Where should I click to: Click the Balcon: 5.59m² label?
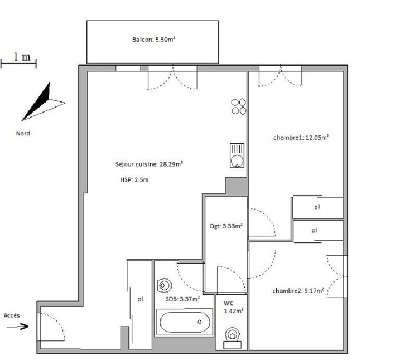tap(155, 40)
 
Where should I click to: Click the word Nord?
tap(23, 133)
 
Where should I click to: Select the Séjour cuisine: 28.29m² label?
tap(149, 164)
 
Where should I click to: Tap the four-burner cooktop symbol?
tap(239, 106)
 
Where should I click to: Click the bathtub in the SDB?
tap(185, 323)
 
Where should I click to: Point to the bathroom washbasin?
tap(165, 285)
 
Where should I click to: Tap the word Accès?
tap(12, 315)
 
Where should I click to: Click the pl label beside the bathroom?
tap(140, 299)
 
